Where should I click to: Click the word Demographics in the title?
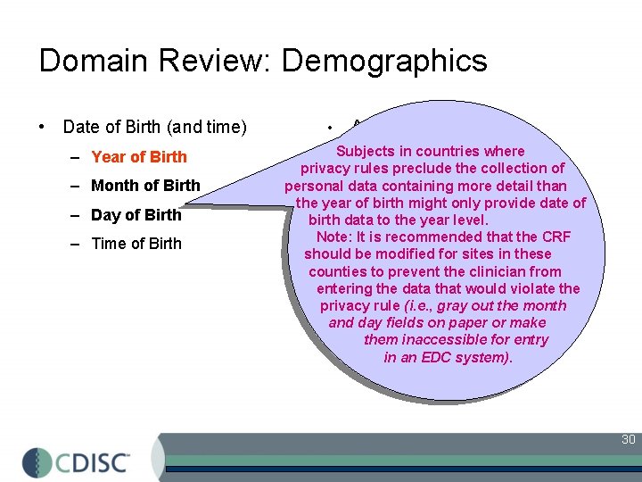[x=384, y=61]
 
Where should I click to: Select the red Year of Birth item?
[x=139, y=157]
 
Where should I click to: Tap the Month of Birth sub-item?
[x=145, y=186]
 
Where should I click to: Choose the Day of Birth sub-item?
[x=136, y=214]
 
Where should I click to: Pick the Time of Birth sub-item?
[x=136, y=243]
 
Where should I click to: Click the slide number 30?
[x=628, y=439]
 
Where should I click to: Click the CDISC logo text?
[x=94, y=462]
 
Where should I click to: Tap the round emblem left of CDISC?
[x=37, y=462]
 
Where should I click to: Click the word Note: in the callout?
[x=334, y=237]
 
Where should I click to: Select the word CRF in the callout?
[x=554, y=237]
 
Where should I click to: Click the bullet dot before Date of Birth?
[x=44, y=127]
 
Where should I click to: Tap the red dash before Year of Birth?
[x=78, y=157]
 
